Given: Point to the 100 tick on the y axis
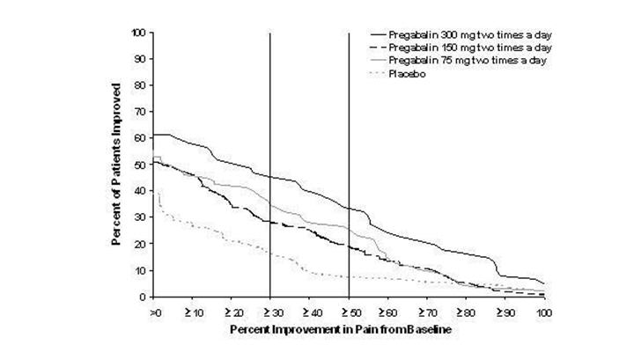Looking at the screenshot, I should [138, 33].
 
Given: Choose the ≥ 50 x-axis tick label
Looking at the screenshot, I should [349, 312].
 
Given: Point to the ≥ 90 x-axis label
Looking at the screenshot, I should [504, 312].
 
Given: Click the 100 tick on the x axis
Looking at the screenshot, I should [543, 312].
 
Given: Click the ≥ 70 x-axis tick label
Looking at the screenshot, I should [426, 312].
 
